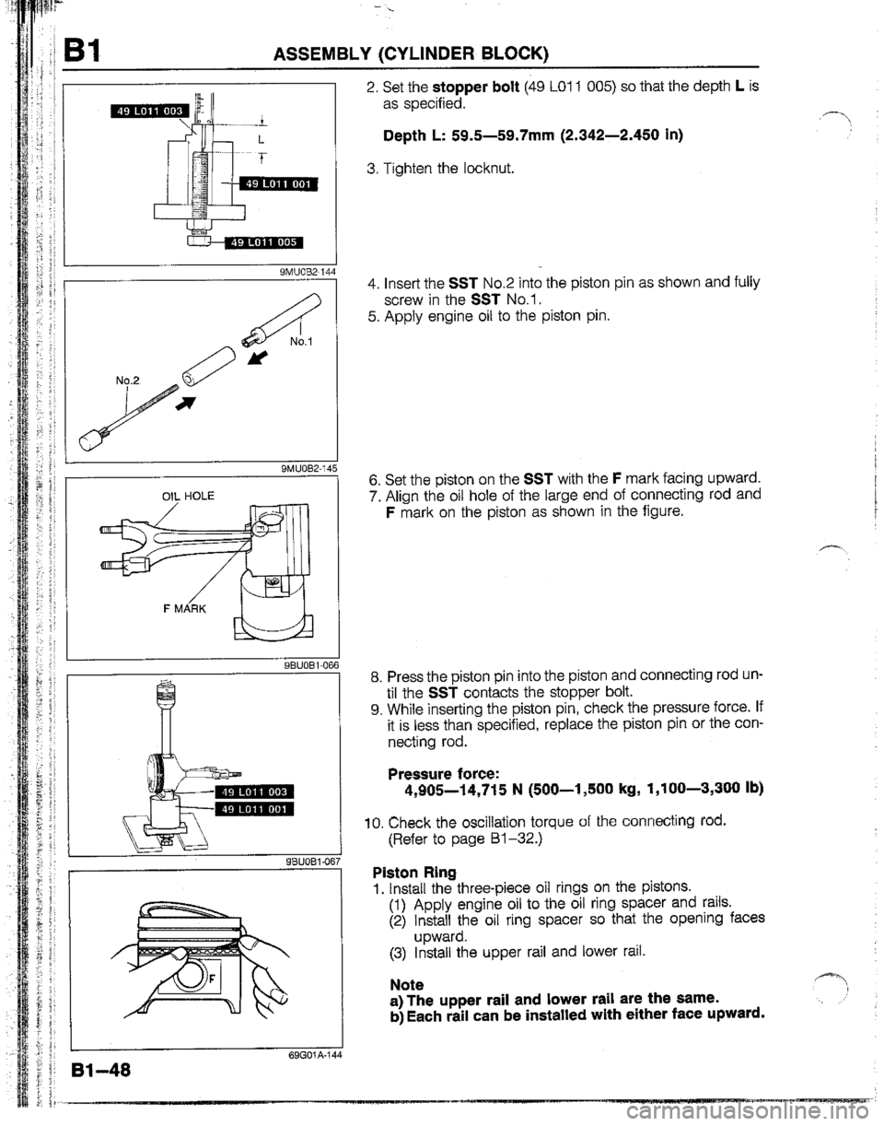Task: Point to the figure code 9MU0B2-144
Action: [x=303, y=272]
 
